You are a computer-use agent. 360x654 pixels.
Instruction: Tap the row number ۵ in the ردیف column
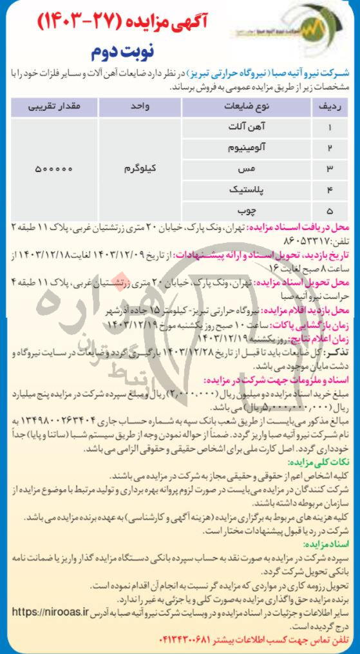(330, 211)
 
